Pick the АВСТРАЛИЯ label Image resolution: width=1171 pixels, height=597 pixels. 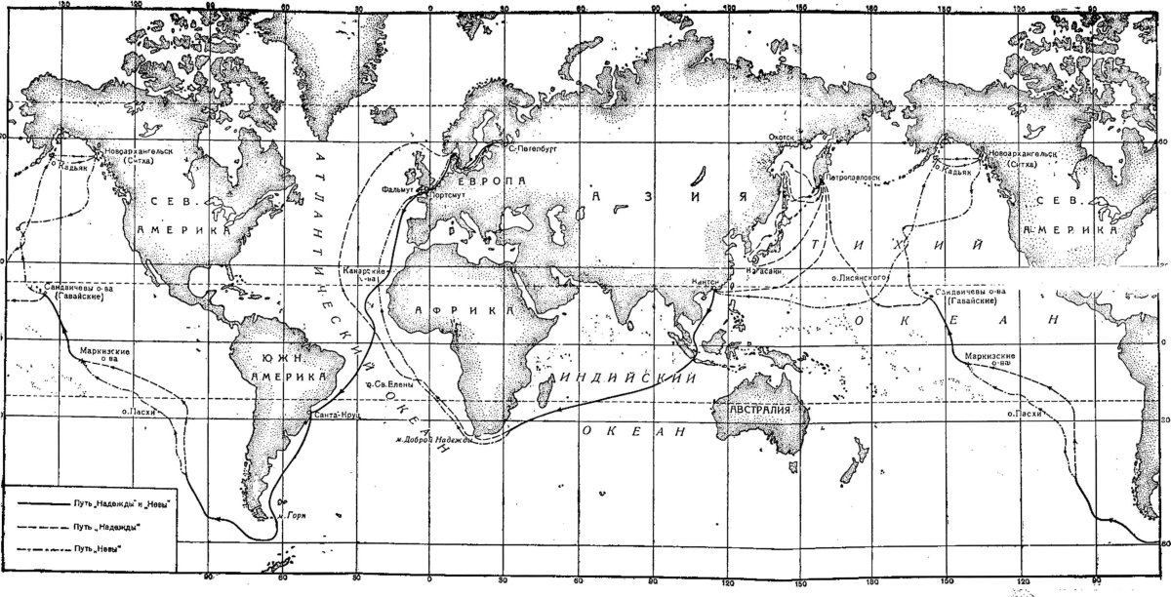(763, 411)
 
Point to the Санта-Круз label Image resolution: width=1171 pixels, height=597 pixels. (336, 417)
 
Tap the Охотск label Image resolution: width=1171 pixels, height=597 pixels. (784, 138)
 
